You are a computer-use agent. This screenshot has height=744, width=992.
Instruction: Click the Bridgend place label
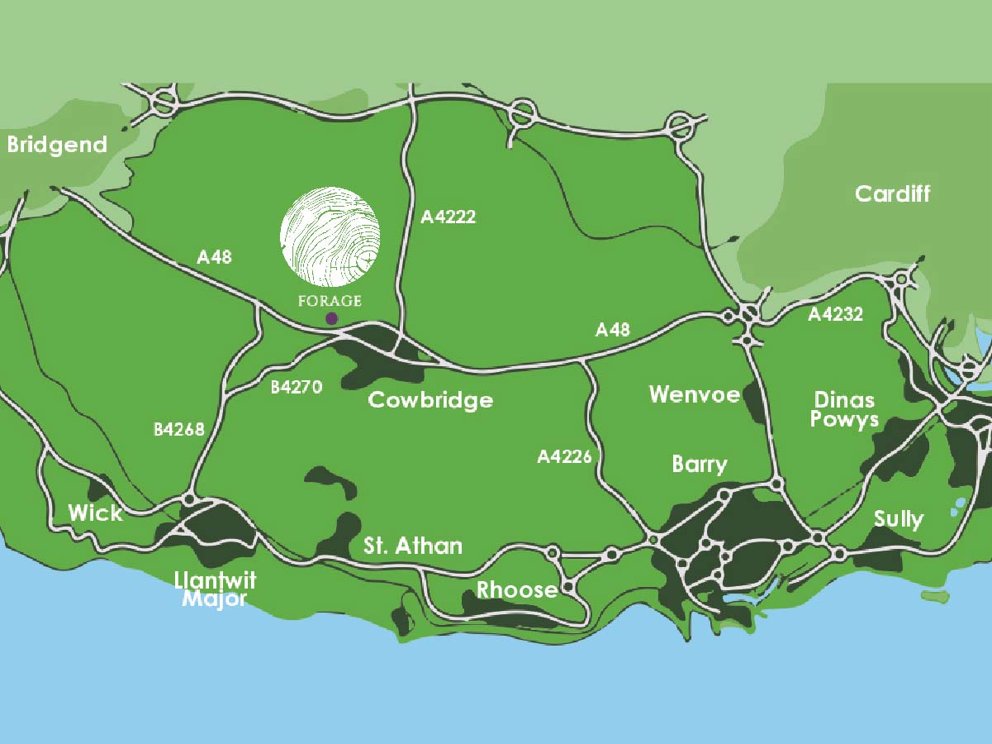(57, 145)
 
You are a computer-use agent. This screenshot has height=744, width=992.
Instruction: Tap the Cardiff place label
(892, 194)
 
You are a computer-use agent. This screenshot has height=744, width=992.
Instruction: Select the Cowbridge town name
(430, 400)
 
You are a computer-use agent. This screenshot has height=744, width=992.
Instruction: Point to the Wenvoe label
(694, 394)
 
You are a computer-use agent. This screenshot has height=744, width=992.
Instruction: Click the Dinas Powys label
(844, 410)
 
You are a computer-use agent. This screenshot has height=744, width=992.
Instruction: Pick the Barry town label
(700, 464)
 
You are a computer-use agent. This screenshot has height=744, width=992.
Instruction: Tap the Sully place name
(898, 519)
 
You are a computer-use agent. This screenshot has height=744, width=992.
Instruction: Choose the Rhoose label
(517, 590)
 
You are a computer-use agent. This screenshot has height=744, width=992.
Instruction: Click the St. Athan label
(413, 546)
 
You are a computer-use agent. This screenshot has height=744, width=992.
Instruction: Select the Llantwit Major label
(215, 589)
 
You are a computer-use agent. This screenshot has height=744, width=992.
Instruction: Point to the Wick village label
(95, 513)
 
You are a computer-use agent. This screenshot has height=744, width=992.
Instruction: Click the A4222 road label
(449, 217)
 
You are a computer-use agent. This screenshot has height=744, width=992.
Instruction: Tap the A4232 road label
(835, 314)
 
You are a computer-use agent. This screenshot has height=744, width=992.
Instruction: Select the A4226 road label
(564, 455)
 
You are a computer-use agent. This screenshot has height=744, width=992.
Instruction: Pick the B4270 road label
(296, 386)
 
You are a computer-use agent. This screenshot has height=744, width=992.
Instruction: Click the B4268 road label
(178, 430)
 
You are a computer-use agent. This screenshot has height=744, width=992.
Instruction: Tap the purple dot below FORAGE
(331, 318)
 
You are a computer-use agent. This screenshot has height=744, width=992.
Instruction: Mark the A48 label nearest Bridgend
(214, 257)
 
